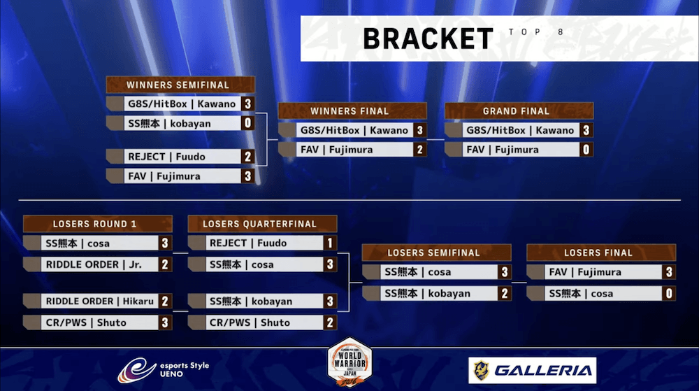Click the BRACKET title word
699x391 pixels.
(x=428, y=38)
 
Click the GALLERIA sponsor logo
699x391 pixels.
(x=532, y=370)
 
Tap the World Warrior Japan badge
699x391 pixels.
(x=350, y=362)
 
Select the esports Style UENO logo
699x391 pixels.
(x=163, y=370)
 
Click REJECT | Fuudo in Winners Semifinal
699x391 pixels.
(x=167, y=157)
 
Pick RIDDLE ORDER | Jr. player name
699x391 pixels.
(x=94, y=264)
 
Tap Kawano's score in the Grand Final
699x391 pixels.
(x=586, y=130)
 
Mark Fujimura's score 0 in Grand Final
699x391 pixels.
(x=586, y=150)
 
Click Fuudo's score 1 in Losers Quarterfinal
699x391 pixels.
(x=330, y=243)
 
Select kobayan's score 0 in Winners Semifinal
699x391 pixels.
(x=248, y=123)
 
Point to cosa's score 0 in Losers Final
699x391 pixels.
(x=669, y=293)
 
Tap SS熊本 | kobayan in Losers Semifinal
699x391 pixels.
(x=428, y=293)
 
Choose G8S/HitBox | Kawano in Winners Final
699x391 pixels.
(x=354, y=130)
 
